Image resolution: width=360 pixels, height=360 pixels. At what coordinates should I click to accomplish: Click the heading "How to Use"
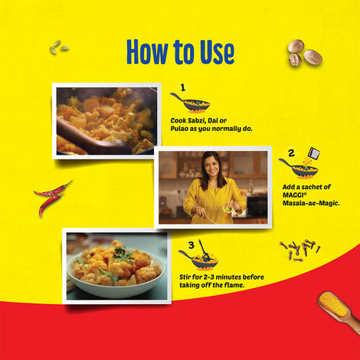point(180,51)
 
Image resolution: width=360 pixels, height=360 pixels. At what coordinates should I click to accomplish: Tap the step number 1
point(183,87)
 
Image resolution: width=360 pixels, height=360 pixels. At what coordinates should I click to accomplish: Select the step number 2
point(291,152)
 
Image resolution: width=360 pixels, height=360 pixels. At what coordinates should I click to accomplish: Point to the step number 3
point(191,245)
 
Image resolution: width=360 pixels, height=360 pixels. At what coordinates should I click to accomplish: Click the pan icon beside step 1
point(189,102)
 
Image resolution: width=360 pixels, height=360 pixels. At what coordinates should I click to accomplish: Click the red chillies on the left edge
point(52,197)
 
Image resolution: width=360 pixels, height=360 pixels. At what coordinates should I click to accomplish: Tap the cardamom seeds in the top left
point(58,47)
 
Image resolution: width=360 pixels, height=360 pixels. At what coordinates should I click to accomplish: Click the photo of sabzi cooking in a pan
point(106,120)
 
